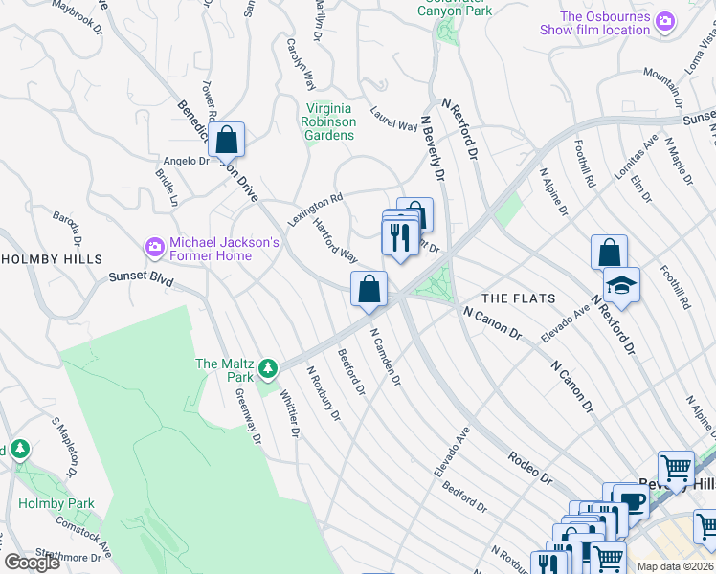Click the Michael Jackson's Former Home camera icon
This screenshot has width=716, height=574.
[154, 248]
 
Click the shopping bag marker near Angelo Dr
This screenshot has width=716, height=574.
[226, 140]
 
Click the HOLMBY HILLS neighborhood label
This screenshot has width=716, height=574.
[52, 259]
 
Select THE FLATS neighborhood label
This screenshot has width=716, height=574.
[518, 298]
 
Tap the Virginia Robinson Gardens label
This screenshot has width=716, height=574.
[329, 121]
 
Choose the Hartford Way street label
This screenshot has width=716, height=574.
[335, 246]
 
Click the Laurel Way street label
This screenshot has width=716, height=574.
[394, 120]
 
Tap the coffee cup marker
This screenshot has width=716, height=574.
[632, 502]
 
